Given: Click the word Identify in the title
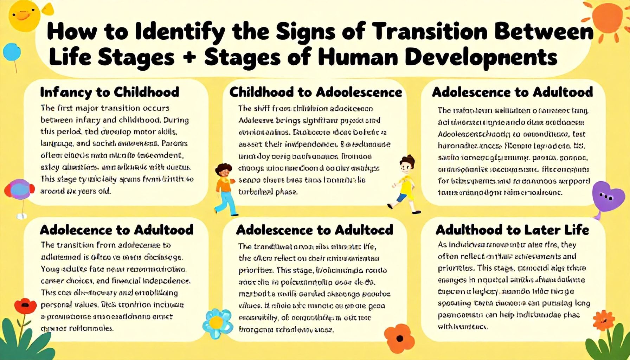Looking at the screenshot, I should pos(179,32).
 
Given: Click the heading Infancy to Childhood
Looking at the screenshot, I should pos(110,92).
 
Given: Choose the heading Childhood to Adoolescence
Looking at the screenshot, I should pos(315,92).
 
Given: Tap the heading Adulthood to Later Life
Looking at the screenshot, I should pos(512,230).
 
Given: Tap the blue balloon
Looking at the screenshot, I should pos(12,52).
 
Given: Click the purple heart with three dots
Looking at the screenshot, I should pos(606,196).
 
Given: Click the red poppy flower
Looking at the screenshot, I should pos(25,306).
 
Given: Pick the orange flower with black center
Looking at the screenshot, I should pos(400,339).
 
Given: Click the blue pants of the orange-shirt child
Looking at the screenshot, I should pos(227,202).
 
